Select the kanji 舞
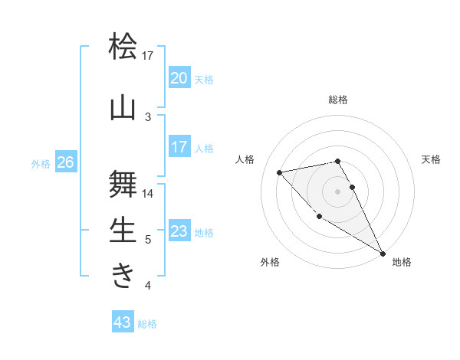click(123, 184)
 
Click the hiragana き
click(123, 276)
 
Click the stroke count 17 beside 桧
click(148, 56)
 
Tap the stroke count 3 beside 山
click(148, 117)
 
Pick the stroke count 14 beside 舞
click(148, 194)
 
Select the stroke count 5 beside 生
click(148, 240)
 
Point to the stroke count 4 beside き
click(148, 286)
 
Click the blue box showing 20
click(179, 78)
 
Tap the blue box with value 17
click(179, 147)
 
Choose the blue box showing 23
click(179, 231)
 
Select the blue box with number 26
click(65, 162)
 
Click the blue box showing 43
click(123, 322)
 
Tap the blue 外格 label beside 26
click(40, 163)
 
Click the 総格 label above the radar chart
click(338, 100)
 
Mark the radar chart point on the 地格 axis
click(383, 254)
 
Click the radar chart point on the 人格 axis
click(280, 172)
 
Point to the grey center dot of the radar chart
click(337, 191)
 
